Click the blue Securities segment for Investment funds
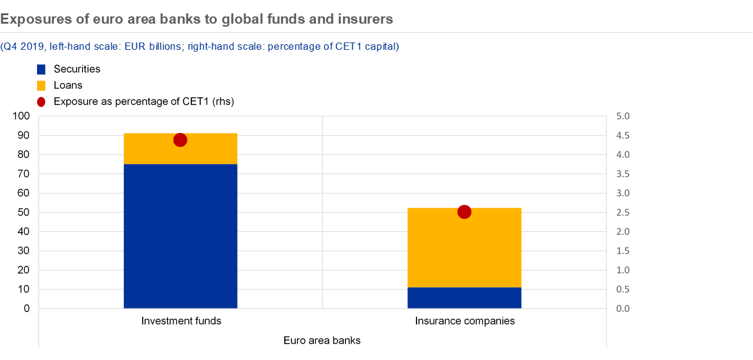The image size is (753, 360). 180,236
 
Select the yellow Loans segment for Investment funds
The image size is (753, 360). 180,149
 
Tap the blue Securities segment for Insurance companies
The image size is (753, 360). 464,298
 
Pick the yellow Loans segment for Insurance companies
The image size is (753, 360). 464,248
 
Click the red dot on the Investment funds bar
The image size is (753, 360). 180,140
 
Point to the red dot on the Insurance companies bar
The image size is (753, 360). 464,212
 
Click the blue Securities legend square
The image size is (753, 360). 41,69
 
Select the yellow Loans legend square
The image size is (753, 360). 41,86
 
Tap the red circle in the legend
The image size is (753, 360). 41,102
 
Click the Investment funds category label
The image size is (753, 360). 181,321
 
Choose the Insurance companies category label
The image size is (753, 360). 465,321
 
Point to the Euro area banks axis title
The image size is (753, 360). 322,340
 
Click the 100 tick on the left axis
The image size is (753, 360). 21,116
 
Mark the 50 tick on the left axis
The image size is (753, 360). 24,212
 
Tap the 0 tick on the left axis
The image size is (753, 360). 27,308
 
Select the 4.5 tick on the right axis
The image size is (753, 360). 622,135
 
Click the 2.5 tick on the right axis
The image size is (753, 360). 622,212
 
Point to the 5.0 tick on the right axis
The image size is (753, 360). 622,116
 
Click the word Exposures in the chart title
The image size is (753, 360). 36,19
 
